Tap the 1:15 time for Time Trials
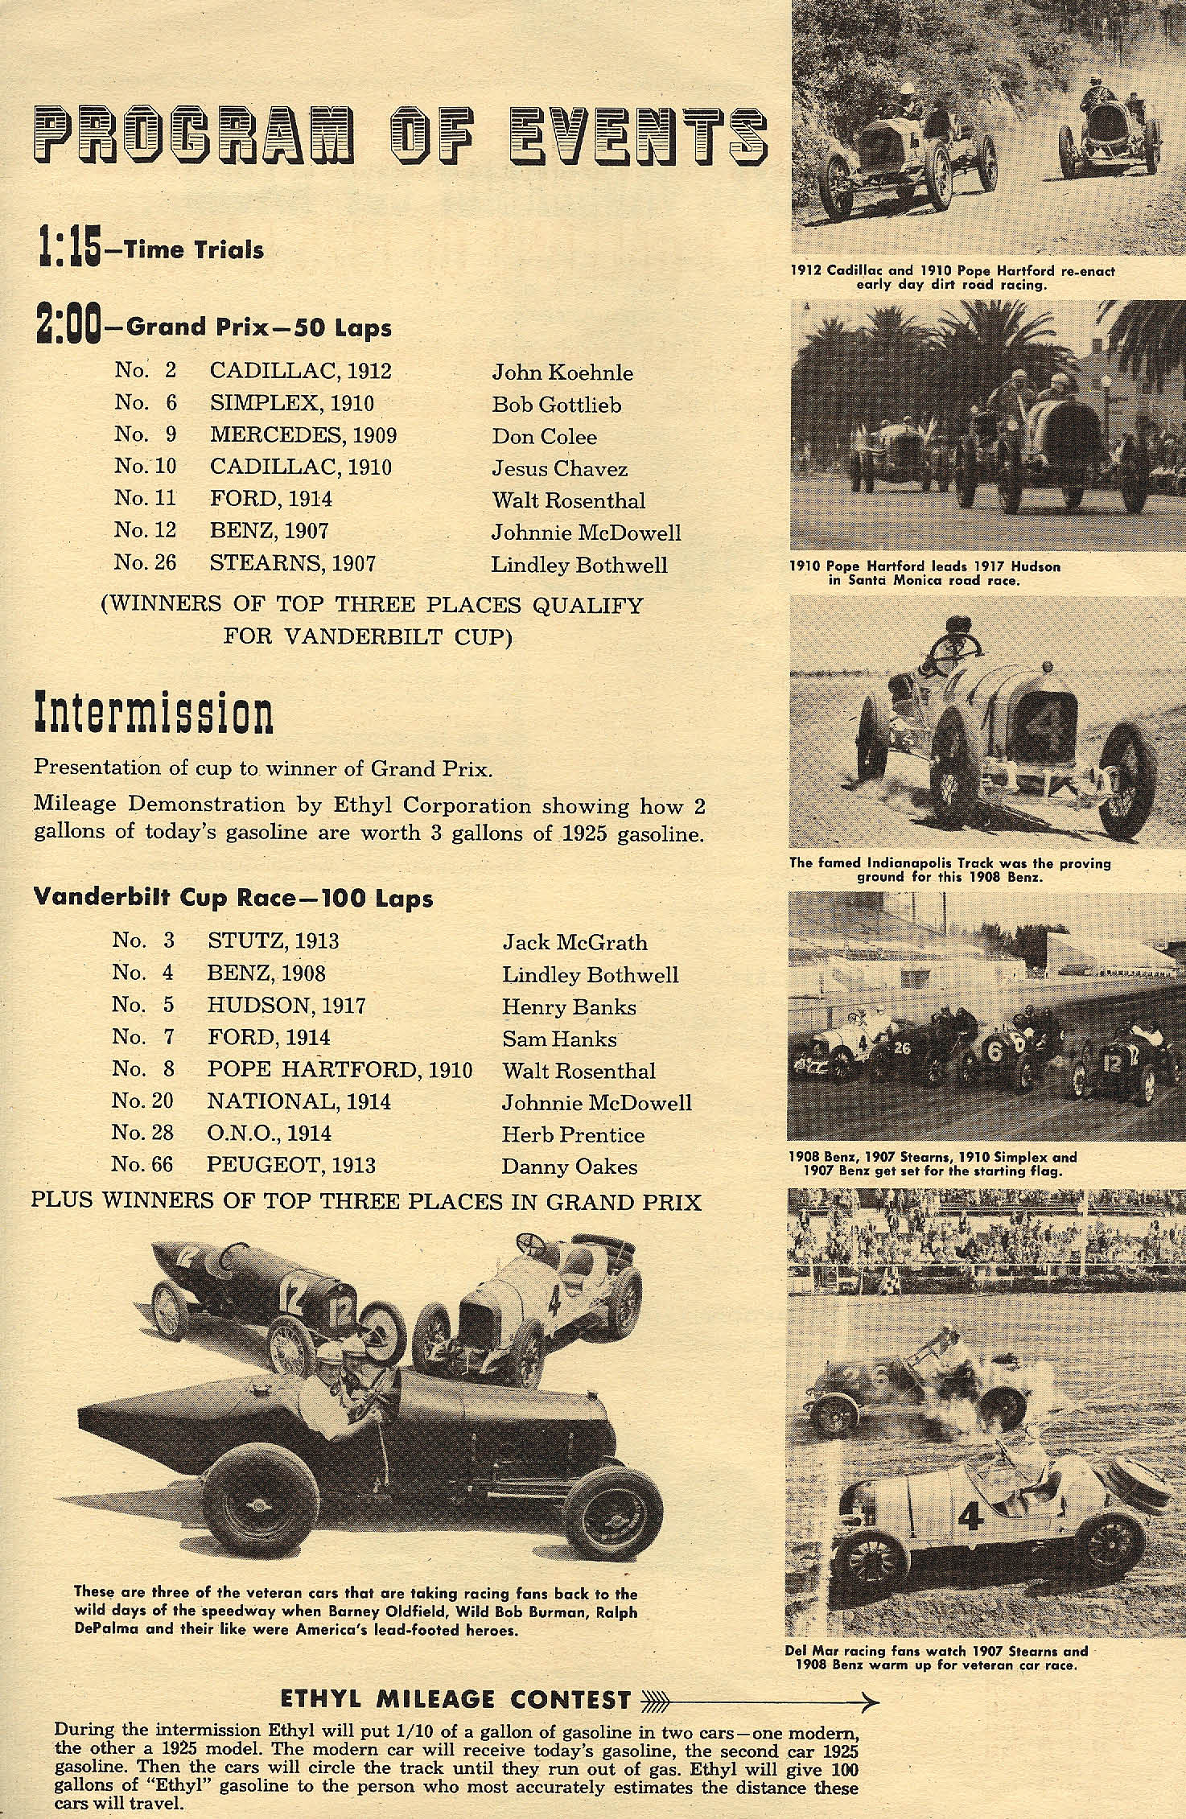(x=68, y=248)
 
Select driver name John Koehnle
(x=562, y=372)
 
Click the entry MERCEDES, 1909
(x=303, y=435)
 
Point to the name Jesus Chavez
(x=559, y=468)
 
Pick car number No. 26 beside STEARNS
(x=145, y=562)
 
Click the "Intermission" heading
(x=153, y=714)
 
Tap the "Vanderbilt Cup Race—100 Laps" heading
(x=233, y=898)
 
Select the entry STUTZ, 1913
(x=273, y=940)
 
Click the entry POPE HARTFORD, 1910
(x=340, y=1069)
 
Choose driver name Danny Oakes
(x=569, y=1167)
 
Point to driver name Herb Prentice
(x=573, y=1134)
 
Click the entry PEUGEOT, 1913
(x=291, y=1165)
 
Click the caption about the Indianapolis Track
(x=949, y=869)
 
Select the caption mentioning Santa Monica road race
(x=925, y=573)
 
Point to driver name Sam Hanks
(x=559, y=1039)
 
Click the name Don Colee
(x=545, y=437)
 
